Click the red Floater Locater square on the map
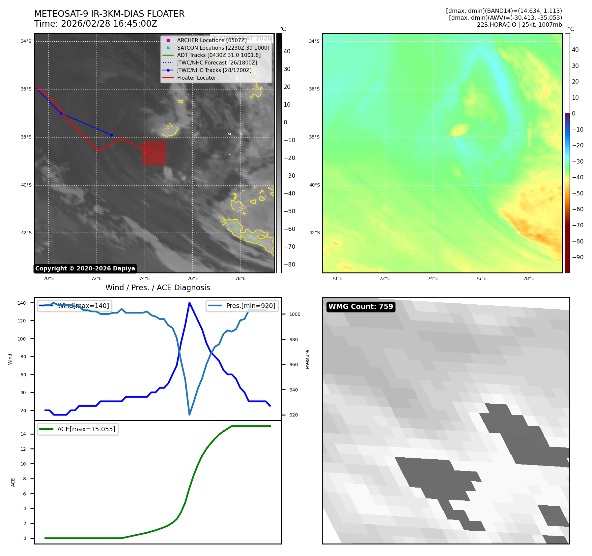[154, 153]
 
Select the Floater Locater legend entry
[196, 78]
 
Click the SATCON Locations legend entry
[223, 48]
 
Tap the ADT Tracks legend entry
[219, 55]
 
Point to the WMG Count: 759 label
[361, 307]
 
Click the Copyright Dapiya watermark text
[85, 268]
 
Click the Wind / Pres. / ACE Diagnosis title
[157, 288]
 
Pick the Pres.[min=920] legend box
[242, 306]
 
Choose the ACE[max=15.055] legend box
[78, 429]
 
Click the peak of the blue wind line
[189, 303]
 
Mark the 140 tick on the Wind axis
[22, 303]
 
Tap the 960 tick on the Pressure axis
[294, 365]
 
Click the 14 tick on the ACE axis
[23, 434]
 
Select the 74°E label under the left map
[145, 278]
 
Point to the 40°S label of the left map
[26, 185]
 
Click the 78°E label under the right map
[529, 278]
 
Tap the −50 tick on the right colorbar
[578, 193]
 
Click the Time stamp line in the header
[96, 24]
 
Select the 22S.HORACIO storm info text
[519, 25]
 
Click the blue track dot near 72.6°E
[111, 135]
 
